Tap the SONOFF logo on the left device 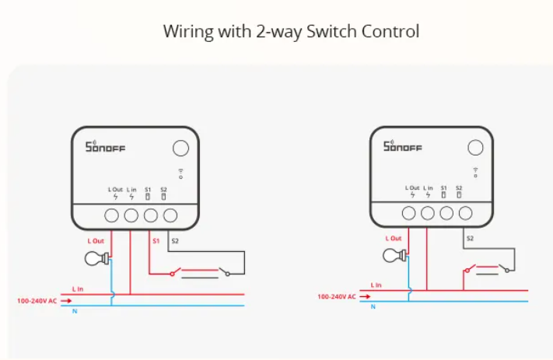106,147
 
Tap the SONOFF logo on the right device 403,145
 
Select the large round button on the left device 181,148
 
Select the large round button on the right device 475,148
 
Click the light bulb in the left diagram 96,258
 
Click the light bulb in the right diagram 394,255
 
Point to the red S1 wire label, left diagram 156,241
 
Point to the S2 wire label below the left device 175,241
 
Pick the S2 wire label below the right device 470,239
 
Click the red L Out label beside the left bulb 96,241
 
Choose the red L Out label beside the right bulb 394,239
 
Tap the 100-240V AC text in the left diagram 37,301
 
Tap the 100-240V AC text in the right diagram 337,297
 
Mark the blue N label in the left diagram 75,311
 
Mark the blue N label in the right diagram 373,307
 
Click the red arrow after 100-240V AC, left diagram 66,301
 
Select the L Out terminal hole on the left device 111,215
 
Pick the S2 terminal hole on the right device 466,213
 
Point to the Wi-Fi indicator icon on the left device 181,173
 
